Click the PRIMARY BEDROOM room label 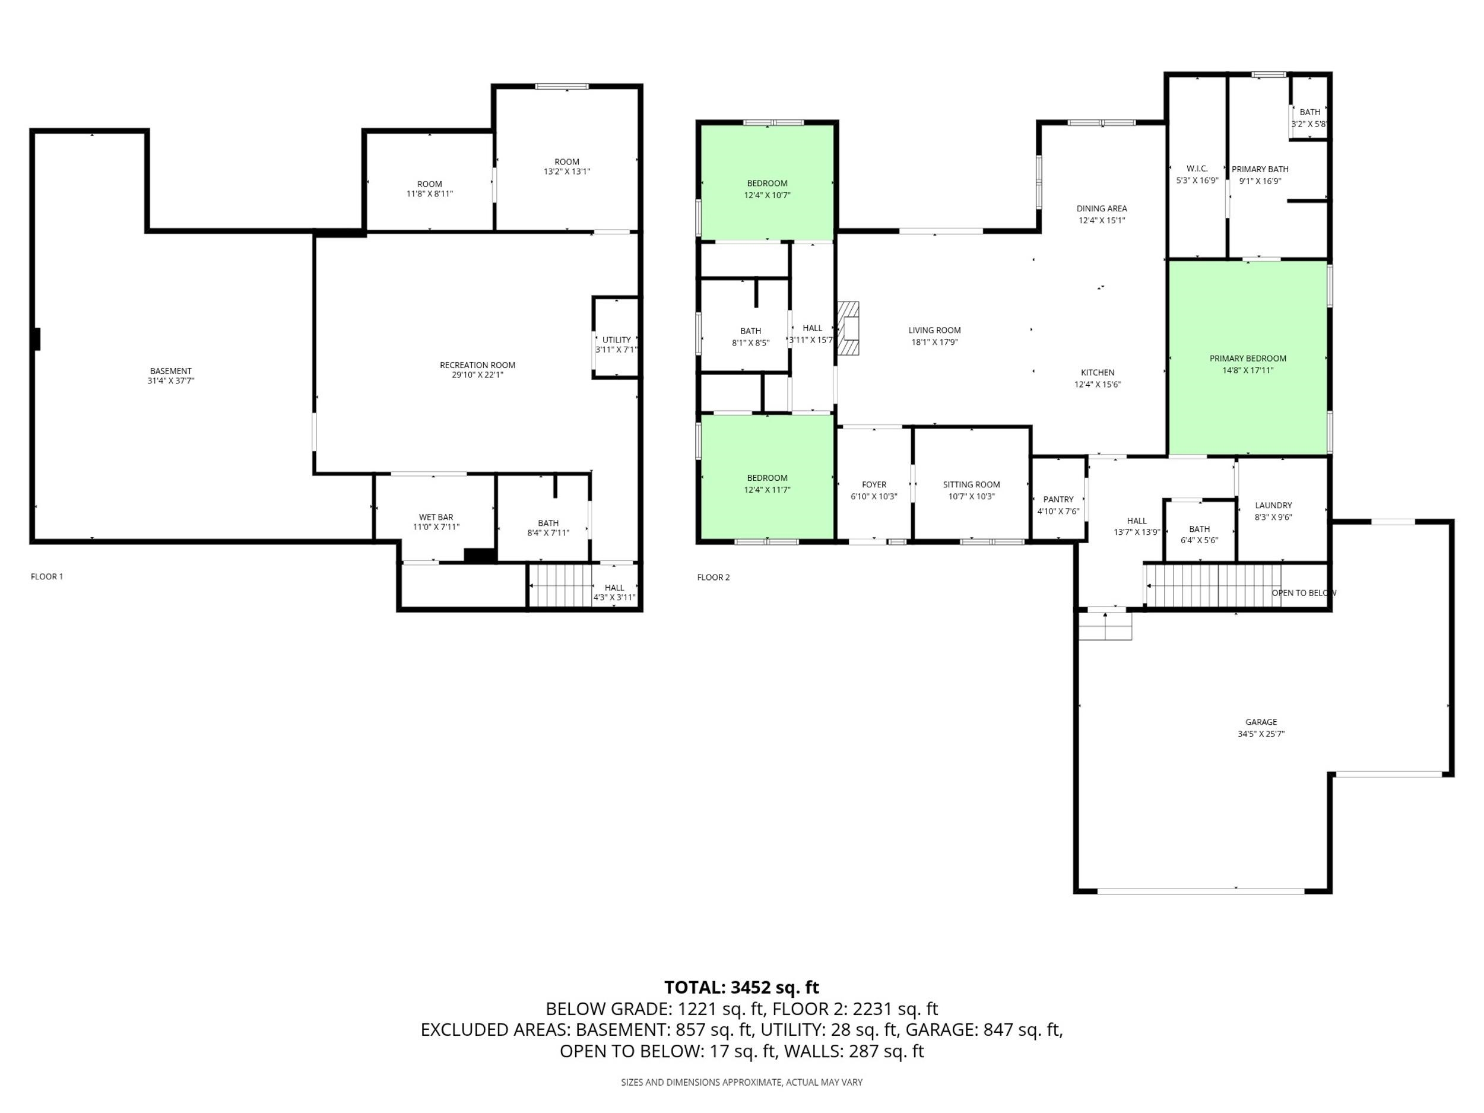[1248, 359]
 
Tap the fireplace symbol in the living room [849, 329]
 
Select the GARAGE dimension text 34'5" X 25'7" [1261, 734]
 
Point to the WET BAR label [436, 517]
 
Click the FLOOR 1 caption [47, 576]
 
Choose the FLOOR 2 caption [713, 577]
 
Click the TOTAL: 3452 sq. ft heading [741, 988]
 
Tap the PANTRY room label [1058, 499]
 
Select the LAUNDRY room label [1273, 505]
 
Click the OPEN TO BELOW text [1304, 593]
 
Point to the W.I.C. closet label [1197, 169]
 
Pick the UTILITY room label [617, 340]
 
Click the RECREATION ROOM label [478, 365]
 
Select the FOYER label [874, 484]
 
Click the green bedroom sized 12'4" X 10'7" [768, 182]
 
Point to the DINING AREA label [1102, 208]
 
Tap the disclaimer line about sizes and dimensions [741, 1082]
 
